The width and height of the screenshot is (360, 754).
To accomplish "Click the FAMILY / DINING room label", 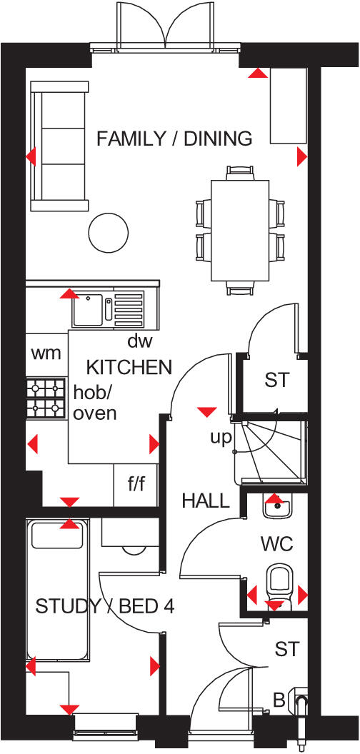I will click(174, 139).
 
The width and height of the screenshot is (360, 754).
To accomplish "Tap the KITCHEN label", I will click(129, 368).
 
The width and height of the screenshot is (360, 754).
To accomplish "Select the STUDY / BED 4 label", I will click(105, 607).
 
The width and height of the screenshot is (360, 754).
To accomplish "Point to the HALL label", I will click(205, 501).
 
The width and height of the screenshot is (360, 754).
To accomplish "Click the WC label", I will click(277, 544).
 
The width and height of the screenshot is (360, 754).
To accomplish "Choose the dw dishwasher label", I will click(140, 341).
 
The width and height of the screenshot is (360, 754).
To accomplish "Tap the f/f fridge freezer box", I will click(135, 486).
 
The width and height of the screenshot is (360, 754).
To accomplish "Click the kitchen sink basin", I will click(88, 309).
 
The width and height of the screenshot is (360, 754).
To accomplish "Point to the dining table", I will click(239, 230).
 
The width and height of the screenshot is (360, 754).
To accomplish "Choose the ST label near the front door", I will click(287, 649).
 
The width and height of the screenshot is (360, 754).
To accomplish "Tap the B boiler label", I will click(278, 700).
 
